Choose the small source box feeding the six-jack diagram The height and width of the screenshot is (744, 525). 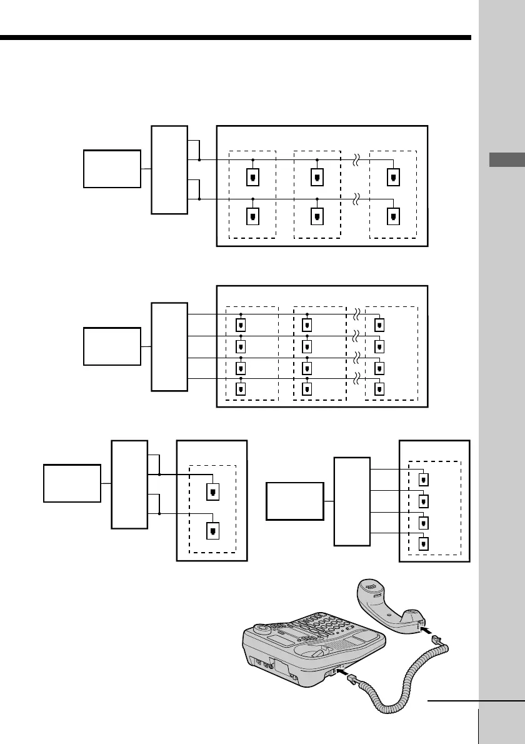point(112,169)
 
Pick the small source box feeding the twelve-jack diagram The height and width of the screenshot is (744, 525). point(112,346)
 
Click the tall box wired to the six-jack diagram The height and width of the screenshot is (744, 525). point(169,169)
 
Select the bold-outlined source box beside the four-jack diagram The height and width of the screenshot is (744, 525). point(295,501)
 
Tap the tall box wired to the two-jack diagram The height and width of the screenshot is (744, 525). point(129,484)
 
